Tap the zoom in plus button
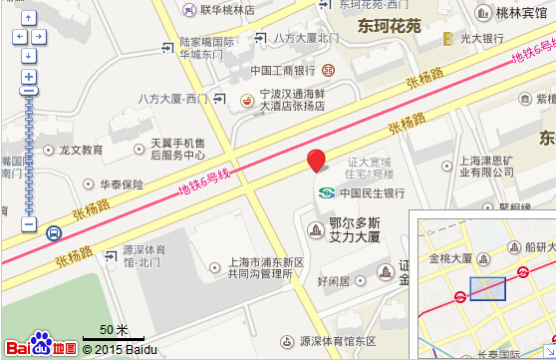pyautogui.click(x=29, y=77)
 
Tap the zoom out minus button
pyautogui.click(x=29, y=225)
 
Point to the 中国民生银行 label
pyautogui.click(x=371, y=192)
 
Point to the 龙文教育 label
pyautogui.click(x=81, y=150)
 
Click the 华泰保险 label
pyautogui.click(x=121, y=184)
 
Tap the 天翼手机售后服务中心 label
pyautogui.click(x=177, y=149)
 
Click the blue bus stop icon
pyautogui.click(x=53, y=233)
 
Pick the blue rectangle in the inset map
pyautogui.click(x=487, y=288)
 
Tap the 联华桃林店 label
pyautogui.click(x=226, y=10)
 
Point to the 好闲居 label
pyautogui.click(x=333, y=281)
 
